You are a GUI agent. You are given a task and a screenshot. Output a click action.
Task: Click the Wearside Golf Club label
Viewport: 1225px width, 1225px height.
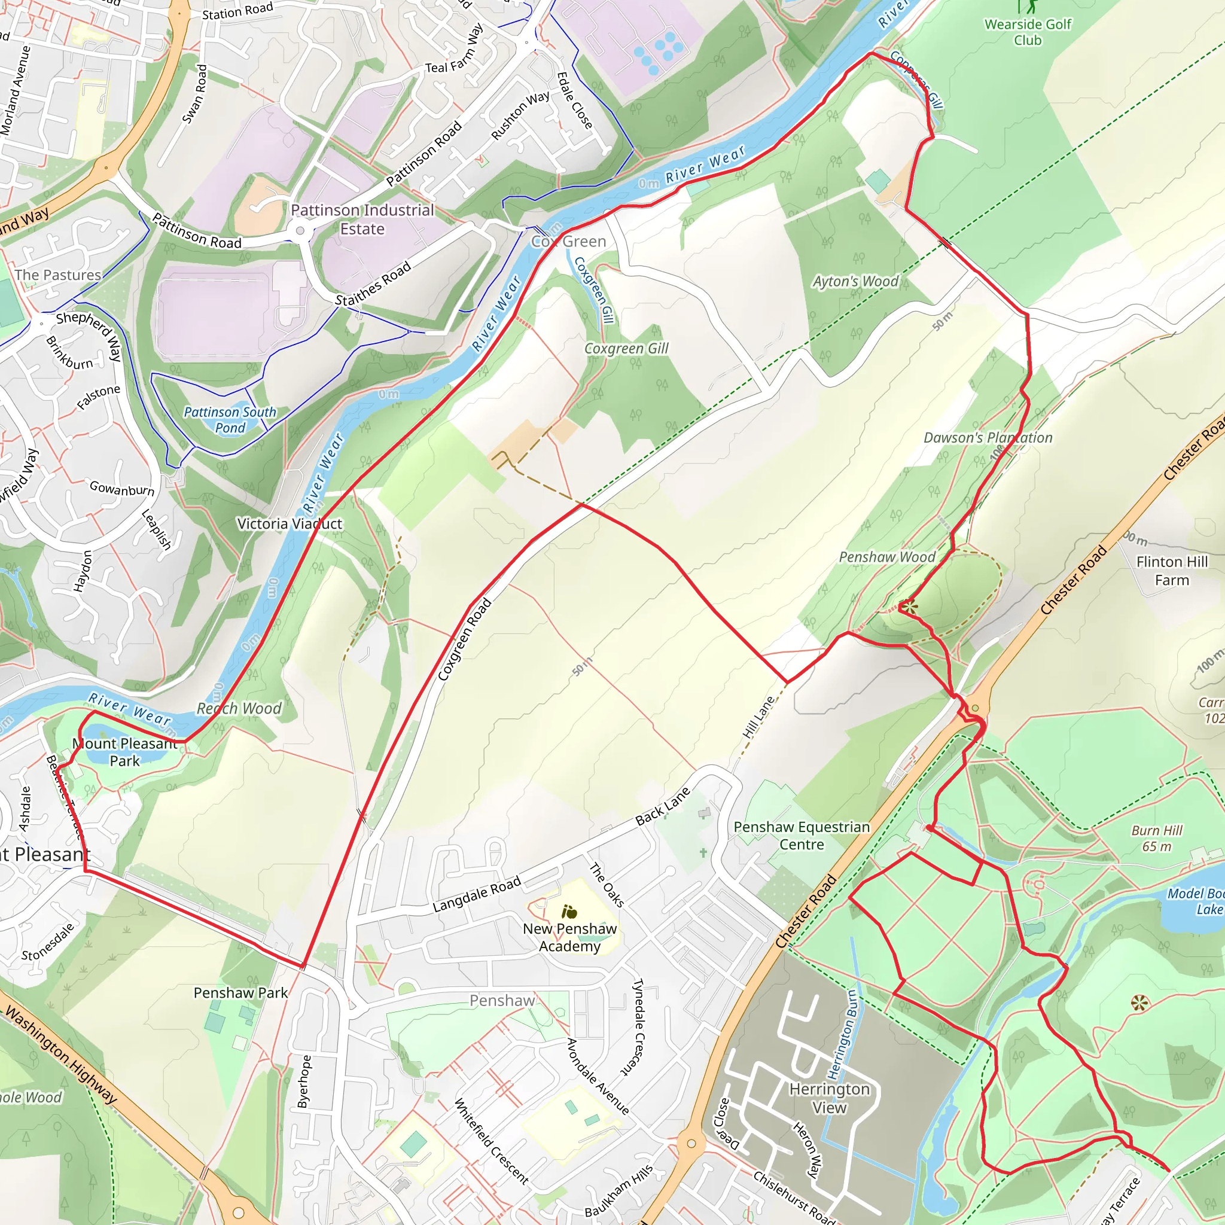coord(1027,32)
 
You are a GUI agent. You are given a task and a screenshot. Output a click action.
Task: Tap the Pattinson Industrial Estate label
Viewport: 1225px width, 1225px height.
coord(362,220)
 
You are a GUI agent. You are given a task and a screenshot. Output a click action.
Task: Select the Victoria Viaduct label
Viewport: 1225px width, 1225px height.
coord(289,524)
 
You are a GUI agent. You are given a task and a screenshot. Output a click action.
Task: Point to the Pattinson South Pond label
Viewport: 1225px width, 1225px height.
coord(230,420)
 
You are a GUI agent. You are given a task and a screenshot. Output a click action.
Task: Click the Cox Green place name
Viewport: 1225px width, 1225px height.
coord(569,242)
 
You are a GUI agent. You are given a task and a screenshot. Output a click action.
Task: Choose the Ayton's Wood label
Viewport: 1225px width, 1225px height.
coord(855,281)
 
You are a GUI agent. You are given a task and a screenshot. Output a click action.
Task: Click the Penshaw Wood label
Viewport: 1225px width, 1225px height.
coord(886,557)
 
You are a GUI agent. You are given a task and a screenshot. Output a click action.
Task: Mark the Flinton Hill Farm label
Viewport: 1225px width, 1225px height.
coord(1172,571)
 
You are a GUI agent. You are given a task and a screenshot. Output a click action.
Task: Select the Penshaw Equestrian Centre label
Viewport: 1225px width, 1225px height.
coord(802,836)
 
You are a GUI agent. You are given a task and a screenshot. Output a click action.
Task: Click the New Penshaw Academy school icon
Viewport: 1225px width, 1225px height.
coord(569,912)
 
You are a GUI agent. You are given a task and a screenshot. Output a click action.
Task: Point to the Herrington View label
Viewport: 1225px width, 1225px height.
coord(830,1098)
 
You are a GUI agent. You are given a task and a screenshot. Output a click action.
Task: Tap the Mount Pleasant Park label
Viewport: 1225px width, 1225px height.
coord(124,752)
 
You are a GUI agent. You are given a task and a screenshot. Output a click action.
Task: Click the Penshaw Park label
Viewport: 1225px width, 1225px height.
coord(240,993)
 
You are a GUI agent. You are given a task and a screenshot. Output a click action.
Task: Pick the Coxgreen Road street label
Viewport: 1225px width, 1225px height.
coord(464,641)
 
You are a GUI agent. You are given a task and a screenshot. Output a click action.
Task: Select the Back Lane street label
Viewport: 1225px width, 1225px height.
coord(663,806)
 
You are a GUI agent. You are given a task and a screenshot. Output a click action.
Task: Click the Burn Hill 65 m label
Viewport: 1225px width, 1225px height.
coord(1157,838)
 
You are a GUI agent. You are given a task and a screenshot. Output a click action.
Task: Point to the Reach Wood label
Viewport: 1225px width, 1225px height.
coord(239,709)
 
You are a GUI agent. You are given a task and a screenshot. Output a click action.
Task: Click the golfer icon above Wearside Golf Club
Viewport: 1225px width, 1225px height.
coord(1027,7)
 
